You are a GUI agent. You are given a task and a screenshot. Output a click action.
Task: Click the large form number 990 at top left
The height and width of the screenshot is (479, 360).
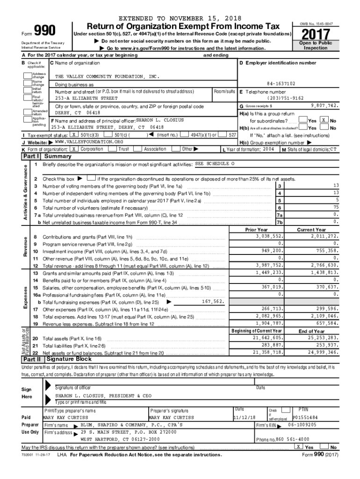(43, 30)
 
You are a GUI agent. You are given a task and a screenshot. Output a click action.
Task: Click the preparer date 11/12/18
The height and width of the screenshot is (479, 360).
(245, 417)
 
